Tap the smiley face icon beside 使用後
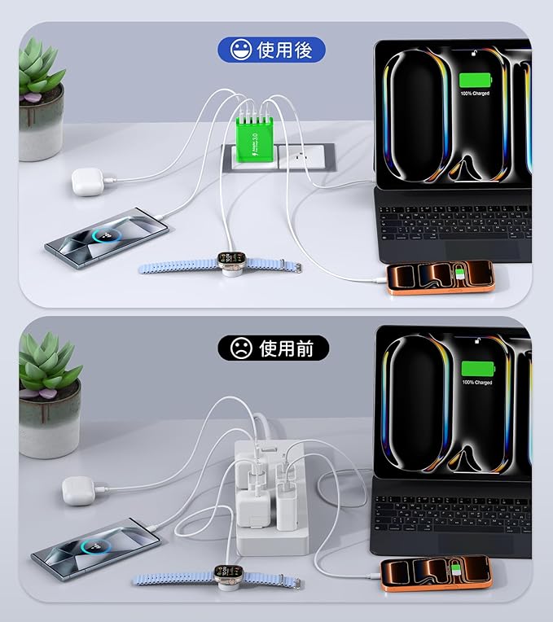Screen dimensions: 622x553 (240, 50)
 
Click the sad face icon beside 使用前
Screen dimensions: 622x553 (240, 348)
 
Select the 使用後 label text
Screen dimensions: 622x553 (284, 50)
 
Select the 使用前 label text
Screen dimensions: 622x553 (287, 348)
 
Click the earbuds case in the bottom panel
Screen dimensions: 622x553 (80, 490)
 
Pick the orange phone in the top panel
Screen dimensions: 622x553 (440, 277)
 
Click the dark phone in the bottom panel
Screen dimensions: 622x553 (95, 543)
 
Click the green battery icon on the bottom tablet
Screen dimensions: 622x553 (476, 369)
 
